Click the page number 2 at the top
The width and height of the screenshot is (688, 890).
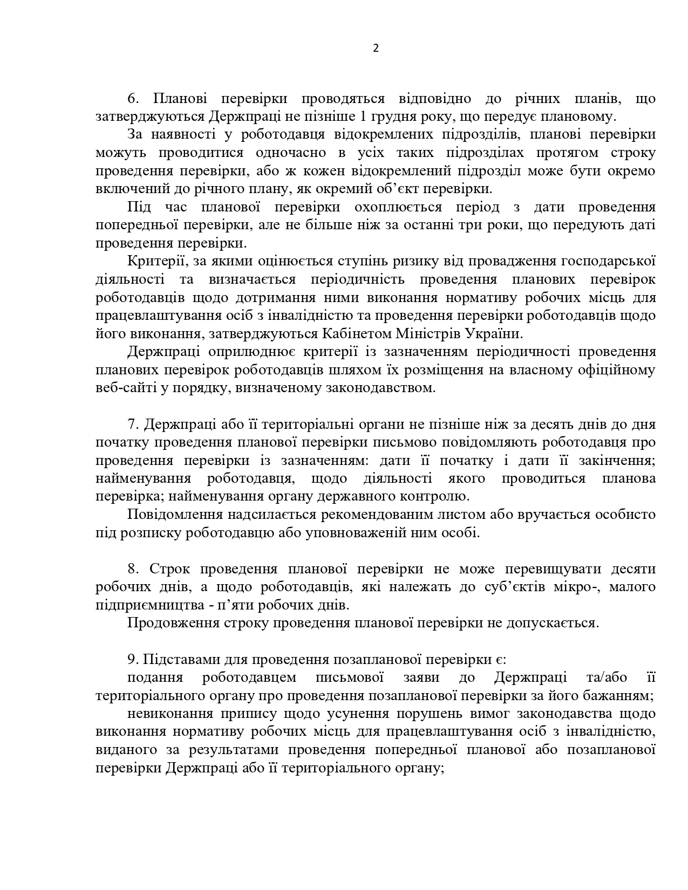click(x=376, y=48)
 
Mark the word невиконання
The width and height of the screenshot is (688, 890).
click(x=169, y=714)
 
